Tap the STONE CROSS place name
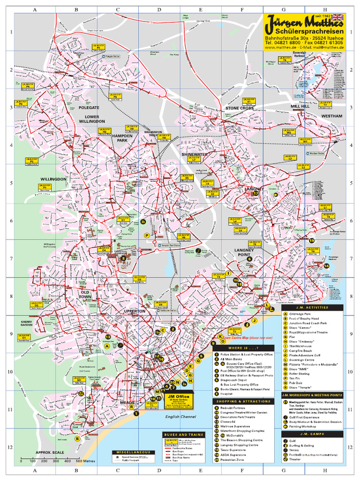tap(239, 108)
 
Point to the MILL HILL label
tap(300, 107)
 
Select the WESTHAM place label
tap(332, 115)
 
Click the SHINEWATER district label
tap(195, 154)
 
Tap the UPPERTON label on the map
tap(135, 311)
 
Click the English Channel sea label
tap(180, 416)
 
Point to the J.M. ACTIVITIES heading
tap(312, 307)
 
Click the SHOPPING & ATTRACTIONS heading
tap(243, 401)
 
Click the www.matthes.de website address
tap(280, 47)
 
